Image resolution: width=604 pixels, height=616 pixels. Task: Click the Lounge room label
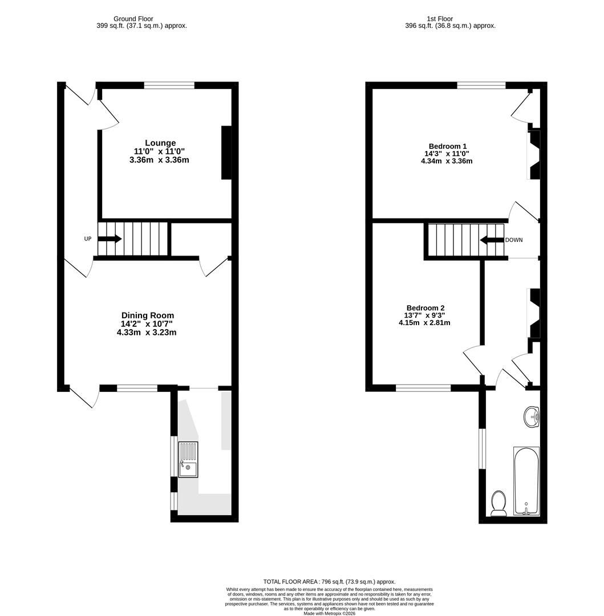(x=160, y=143)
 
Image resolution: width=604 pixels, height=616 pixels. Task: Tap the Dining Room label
(x=147, y=315)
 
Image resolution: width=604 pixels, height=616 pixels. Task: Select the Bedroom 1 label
(x=448, y=146)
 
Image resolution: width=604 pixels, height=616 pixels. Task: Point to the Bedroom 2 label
(x=425, y=308)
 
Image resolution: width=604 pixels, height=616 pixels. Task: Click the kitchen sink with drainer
(x=188, y=460)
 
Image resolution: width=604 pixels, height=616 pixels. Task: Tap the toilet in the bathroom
(x=498, y=503)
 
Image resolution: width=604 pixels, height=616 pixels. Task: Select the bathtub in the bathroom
(x=526, y=481)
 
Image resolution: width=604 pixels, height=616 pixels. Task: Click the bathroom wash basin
(x=532, y=416)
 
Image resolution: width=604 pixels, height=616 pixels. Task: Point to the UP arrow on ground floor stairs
(x=110, y=239)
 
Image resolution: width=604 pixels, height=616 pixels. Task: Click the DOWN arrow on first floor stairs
(x=492, y=240)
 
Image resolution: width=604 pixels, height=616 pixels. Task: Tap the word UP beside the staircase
(x=88, y=239)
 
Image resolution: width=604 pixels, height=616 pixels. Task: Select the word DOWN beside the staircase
(x=514, y=240)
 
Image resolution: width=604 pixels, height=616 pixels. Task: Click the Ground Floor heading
(x=133, y=19)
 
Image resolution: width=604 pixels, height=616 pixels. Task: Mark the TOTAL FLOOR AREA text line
(x=329, y=581)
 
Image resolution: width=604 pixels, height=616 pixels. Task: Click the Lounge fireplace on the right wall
(x=226, y=152)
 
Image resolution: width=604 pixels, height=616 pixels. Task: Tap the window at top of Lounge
(x=169, y=86)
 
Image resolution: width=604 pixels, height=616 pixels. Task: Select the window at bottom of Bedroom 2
(x=423, y=388)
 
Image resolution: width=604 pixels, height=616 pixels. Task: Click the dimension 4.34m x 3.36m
(x=447, y=161)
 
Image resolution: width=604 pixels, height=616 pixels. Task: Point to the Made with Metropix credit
(x=329, y=613)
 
